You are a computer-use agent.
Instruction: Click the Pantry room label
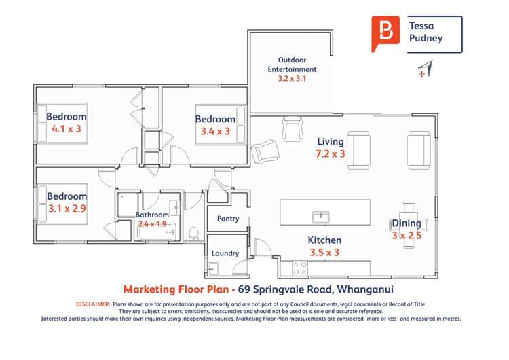(227, 219)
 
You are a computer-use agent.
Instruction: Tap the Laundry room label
(225, 253)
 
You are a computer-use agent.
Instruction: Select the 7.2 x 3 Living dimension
(331, 154)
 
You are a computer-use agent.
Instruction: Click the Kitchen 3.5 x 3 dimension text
(324, 252)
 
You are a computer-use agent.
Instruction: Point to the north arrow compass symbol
(424, 69)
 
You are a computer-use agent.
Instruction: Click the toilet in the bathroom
(193, 234)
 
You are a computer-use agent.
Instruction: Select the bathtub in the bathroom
(157, 233)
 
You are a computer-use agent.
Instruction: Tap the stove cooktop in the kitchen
(299, 268)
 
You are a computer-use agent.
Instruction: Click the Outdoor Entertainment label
(292, 65)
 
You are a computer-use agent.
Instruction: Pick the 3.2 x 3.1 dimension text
(292, 79)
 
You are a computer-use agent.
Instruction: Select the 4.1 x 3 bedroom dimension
(67, 128)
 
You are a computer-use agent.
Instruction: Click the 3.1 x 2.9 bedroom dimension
(67, 209)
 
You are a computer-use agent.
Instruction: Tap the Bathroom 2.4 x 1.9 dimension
(152, 223)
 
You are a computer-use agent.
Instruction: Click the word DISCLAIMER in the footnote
(93, 304)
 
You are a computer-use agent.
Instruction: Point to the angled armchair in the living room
(263, 150)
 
